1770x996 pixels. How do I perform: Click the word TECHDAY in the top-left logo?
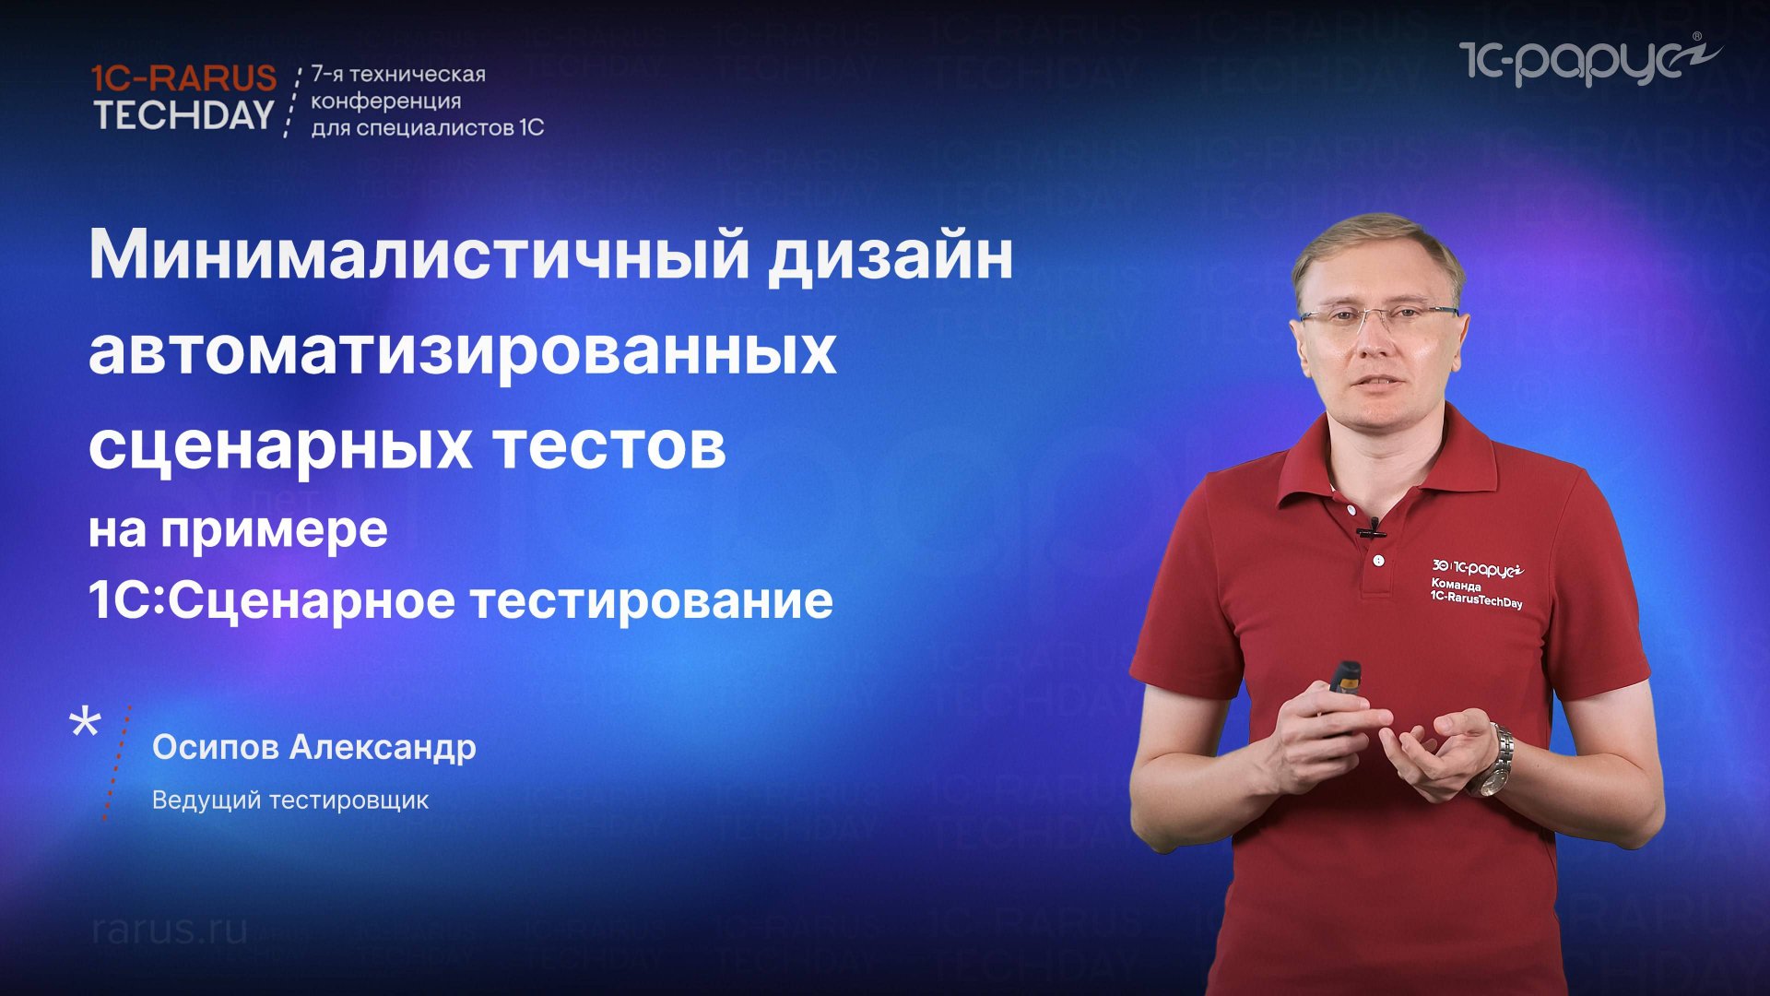(x=184, y=114)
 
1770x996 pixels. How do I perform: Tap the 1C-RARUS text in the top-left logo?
(x=184, y=77)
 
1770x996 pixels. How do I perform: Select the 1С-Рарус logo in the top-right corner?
(x=1588, y=60)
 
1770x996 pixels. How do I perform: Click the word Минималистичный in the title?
(x=419, y=255)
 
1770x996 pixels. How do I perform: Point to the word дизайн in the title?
(x=891, y=255)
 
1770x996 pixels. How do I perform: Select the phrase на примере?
(x=238, y=530)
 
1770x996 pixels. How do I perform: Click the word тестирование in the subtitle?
(x=652, y=600)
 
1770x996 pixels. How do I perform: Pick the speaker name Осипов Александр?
(x=313, y=747)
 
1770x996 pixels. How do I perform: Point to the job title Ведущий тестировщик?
(x=289, y=800)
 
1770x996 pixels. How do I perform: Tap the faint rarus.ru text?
(x=171, y=930)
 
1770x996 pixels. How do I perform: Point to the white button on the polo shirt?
(x=1378, y=561)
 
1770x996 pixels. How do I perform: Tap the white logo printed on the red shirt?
(x=1477, y=583)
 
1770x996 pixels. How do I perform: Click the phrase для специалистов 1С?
(x=427, y=127)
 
